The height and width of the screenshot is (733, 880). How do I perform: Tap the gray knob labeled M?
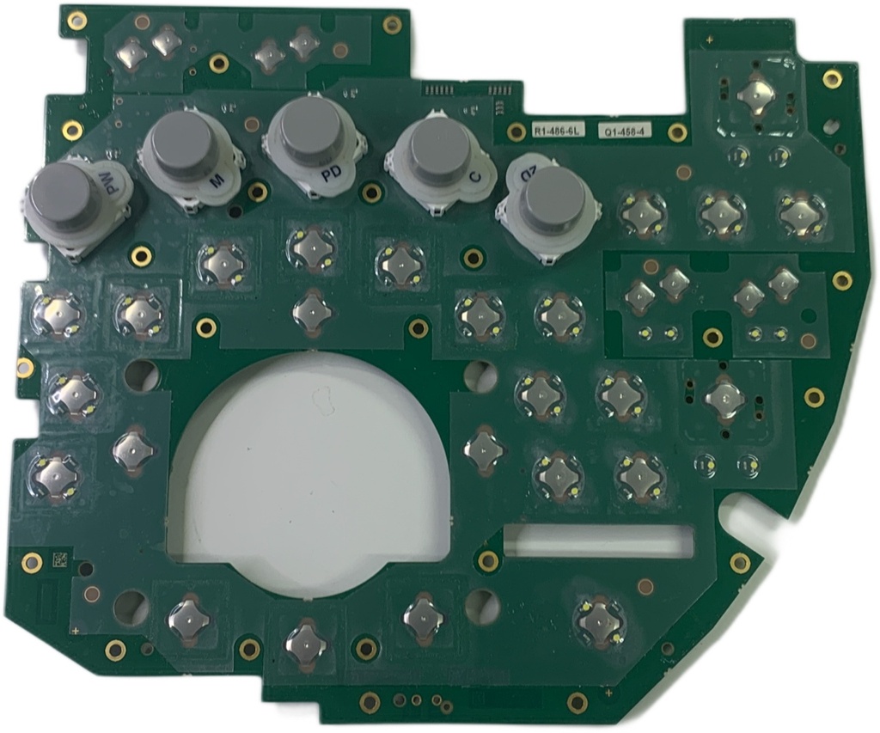click(182, 141)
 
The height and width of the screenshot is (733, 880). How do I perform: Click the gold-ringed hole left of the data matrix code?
click(31, 563)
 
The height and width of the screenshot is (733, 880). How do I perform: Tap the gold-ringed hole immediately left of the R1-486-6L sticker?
click(516, 131)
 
